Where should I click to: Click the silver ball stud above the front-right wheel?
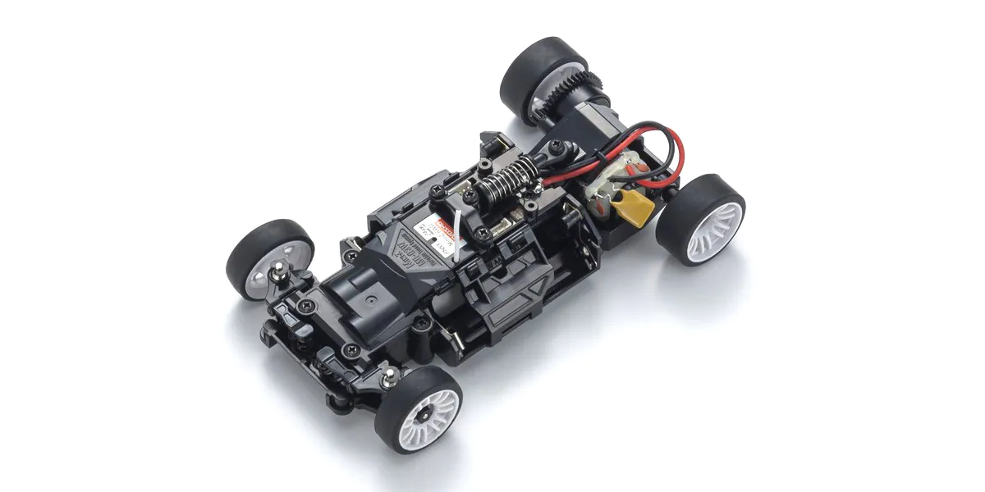[391, 376]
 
